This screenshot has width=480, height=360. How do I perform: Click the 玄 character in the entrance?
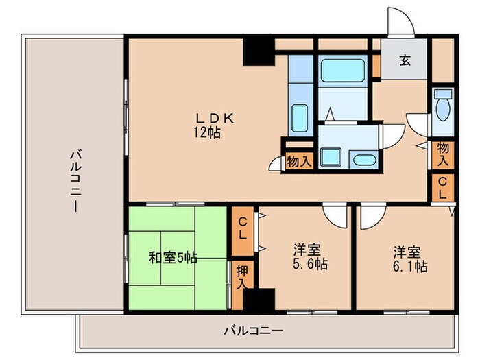(405, 60)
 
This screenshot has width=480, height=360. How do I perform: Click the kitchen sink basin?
(300, 116)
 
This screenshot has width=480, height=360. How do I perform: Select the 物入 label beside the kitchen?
(299, 160)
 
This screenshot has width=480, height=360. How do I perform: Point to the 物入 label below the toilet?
(442, 155)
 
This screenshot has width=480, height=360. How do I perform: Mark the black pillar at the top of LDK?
(260, 51)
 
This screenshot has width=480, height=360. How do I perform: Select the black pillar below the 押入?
(259, 300)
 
